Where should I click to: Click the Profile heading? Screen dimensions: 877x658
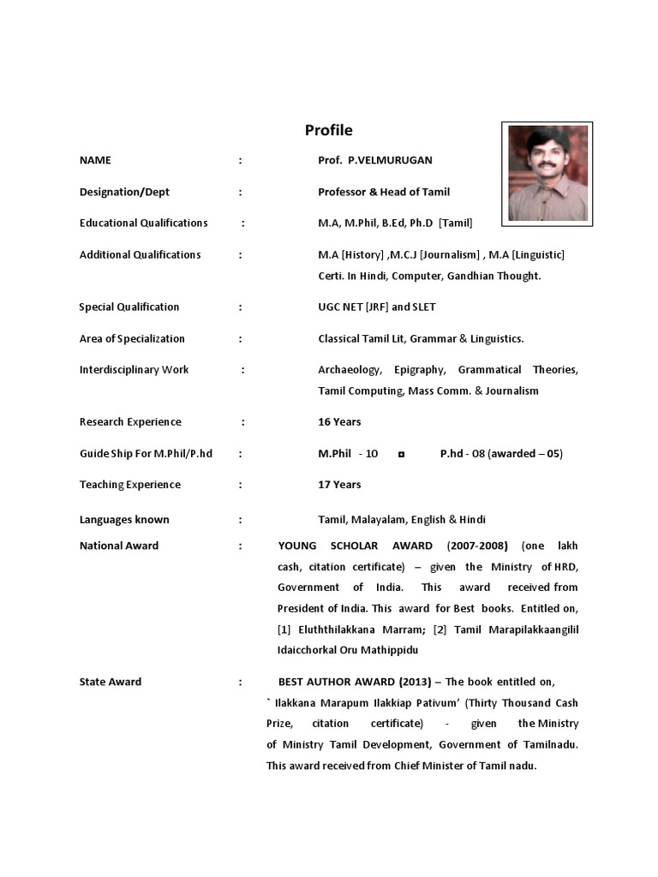pyautogui.click(x=329, y=130)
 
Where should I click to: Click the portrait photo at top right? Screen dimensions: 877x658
pyautogui.click(x=547, y=173)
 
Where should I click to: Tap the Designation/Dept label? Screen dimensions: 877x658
pyautogui.click(x=132, y=192)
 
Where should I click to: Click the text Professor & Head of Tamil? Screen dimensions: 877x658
pyautogui.click(x=384, y=192)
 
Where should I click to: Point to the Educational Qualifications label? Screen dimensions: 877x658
pyautogui.click(x=143, y=223)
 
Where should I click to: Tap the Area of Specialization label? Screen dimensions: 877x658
pyautogui.click(x=132, y=338)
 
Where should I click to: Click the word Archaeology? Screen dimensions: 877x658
pyautogui.click(x=349, y=370)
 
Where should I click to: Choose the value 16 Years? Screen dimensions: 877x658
pyautogui.click(x=339, y=421)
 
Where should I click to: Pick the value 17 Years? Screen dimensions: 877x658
pyautogui.click(x=339, y=485)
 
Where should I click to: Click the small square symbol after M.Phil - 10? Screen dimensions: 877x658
pyautogui.click(x=401, y=454)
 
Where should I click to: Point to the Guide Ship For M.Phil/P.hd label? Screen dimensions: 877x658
pyautogui.click(x=146, y=453)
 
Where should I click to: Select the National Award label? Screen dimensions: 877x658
pyautogui.click(x=119, y=546)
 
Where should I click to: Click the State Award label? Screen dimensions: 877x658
pyautogui.click(x=111, y=682)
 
